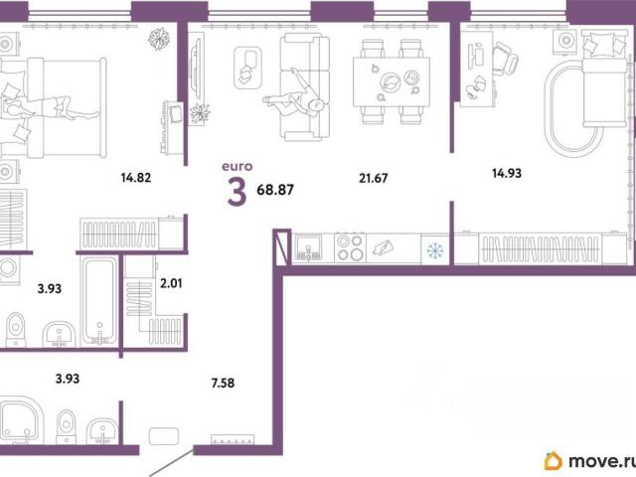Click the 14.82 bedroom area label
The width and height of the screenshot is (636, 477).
point(136,178)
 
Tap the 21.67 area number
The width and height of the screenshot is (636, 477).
point(374,178)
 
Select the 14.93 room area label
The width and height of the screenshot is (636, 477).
point(507,173)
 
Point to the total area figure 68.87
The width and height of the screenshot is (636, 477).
point(275,190)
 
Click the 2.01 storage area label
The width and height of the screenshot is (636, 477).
point(171,283)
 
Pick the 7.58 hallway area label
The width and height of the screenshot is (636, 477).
point(223,383)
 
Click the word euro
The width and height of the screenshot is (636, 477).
point(238,166)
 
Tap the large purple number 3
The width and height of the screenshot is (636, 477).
point(237,192)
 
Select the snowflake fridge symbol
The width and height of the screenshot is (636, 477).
point(435,250)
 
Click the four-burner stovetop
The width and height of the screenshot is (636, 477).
point(350,247)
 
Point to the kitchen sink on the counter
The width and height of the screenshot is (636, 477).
point(309,247)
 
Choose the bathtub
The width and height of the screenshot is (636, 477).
point(99,301)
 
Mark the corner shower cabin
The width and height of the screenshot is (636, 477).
point(20,420)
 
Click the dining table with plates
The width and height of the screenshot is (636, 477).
point(392,81)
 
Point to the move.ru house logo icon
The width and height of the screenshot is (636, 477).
point(554,461)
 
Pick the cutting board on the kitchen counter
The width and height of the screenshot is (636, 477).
point(383,247)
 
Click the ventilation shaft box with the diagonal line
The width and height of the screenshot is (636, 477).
point(282,247)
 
